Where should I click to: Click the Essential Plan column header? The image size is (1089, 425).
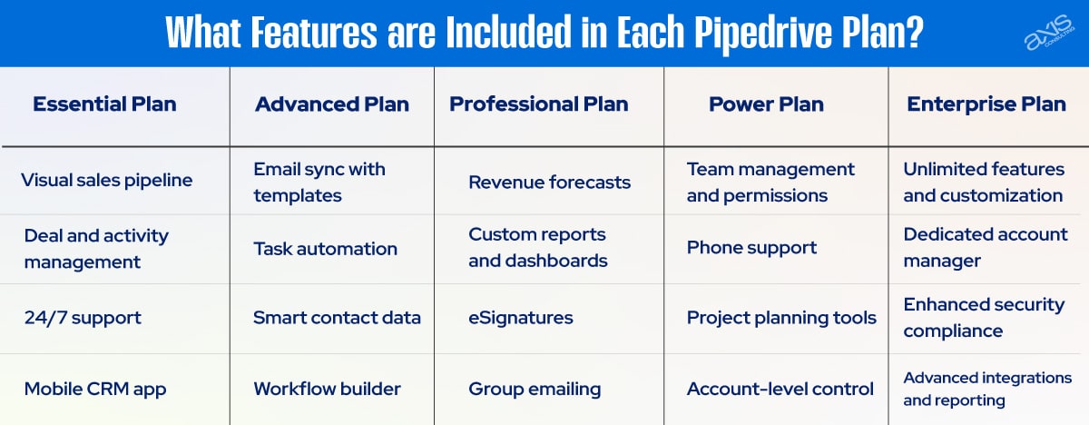pos(104,104)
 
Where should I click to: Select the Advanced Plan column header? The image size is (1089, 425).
pos(332,104)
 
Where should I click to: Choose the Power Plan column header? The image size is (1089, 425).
pos(766,104)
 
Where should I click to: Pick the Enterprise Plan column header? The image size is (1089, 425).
pos(986,104)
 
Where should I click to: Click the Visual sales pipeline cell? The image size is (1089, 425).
pos(107,180)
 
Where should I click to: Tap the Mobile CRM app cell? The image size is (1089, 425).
pos(95,389)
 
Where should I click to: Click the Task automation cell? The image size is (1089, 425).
pos(325,249)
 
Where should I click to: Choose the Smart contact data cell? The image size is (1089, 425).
pos(337,318)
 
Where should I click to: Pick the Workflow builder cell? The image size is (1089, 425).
pos(327,389)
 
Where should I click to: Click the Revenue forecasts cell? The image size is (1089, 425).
pos(549,182)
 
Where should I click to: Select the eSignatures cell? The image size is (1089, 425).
pos(521,318)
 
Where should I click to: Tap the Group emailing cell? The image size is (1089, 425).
pos(535,389)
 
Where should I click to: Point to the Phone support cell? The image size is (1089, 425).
pos(751,247)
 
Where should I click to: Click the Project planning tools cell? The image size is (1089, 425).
pos(781,318)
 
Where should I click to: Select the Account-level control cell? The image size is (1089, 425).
pos(780,389)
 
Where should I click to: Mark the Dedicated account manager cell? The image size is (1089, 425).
pos(986,247)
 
